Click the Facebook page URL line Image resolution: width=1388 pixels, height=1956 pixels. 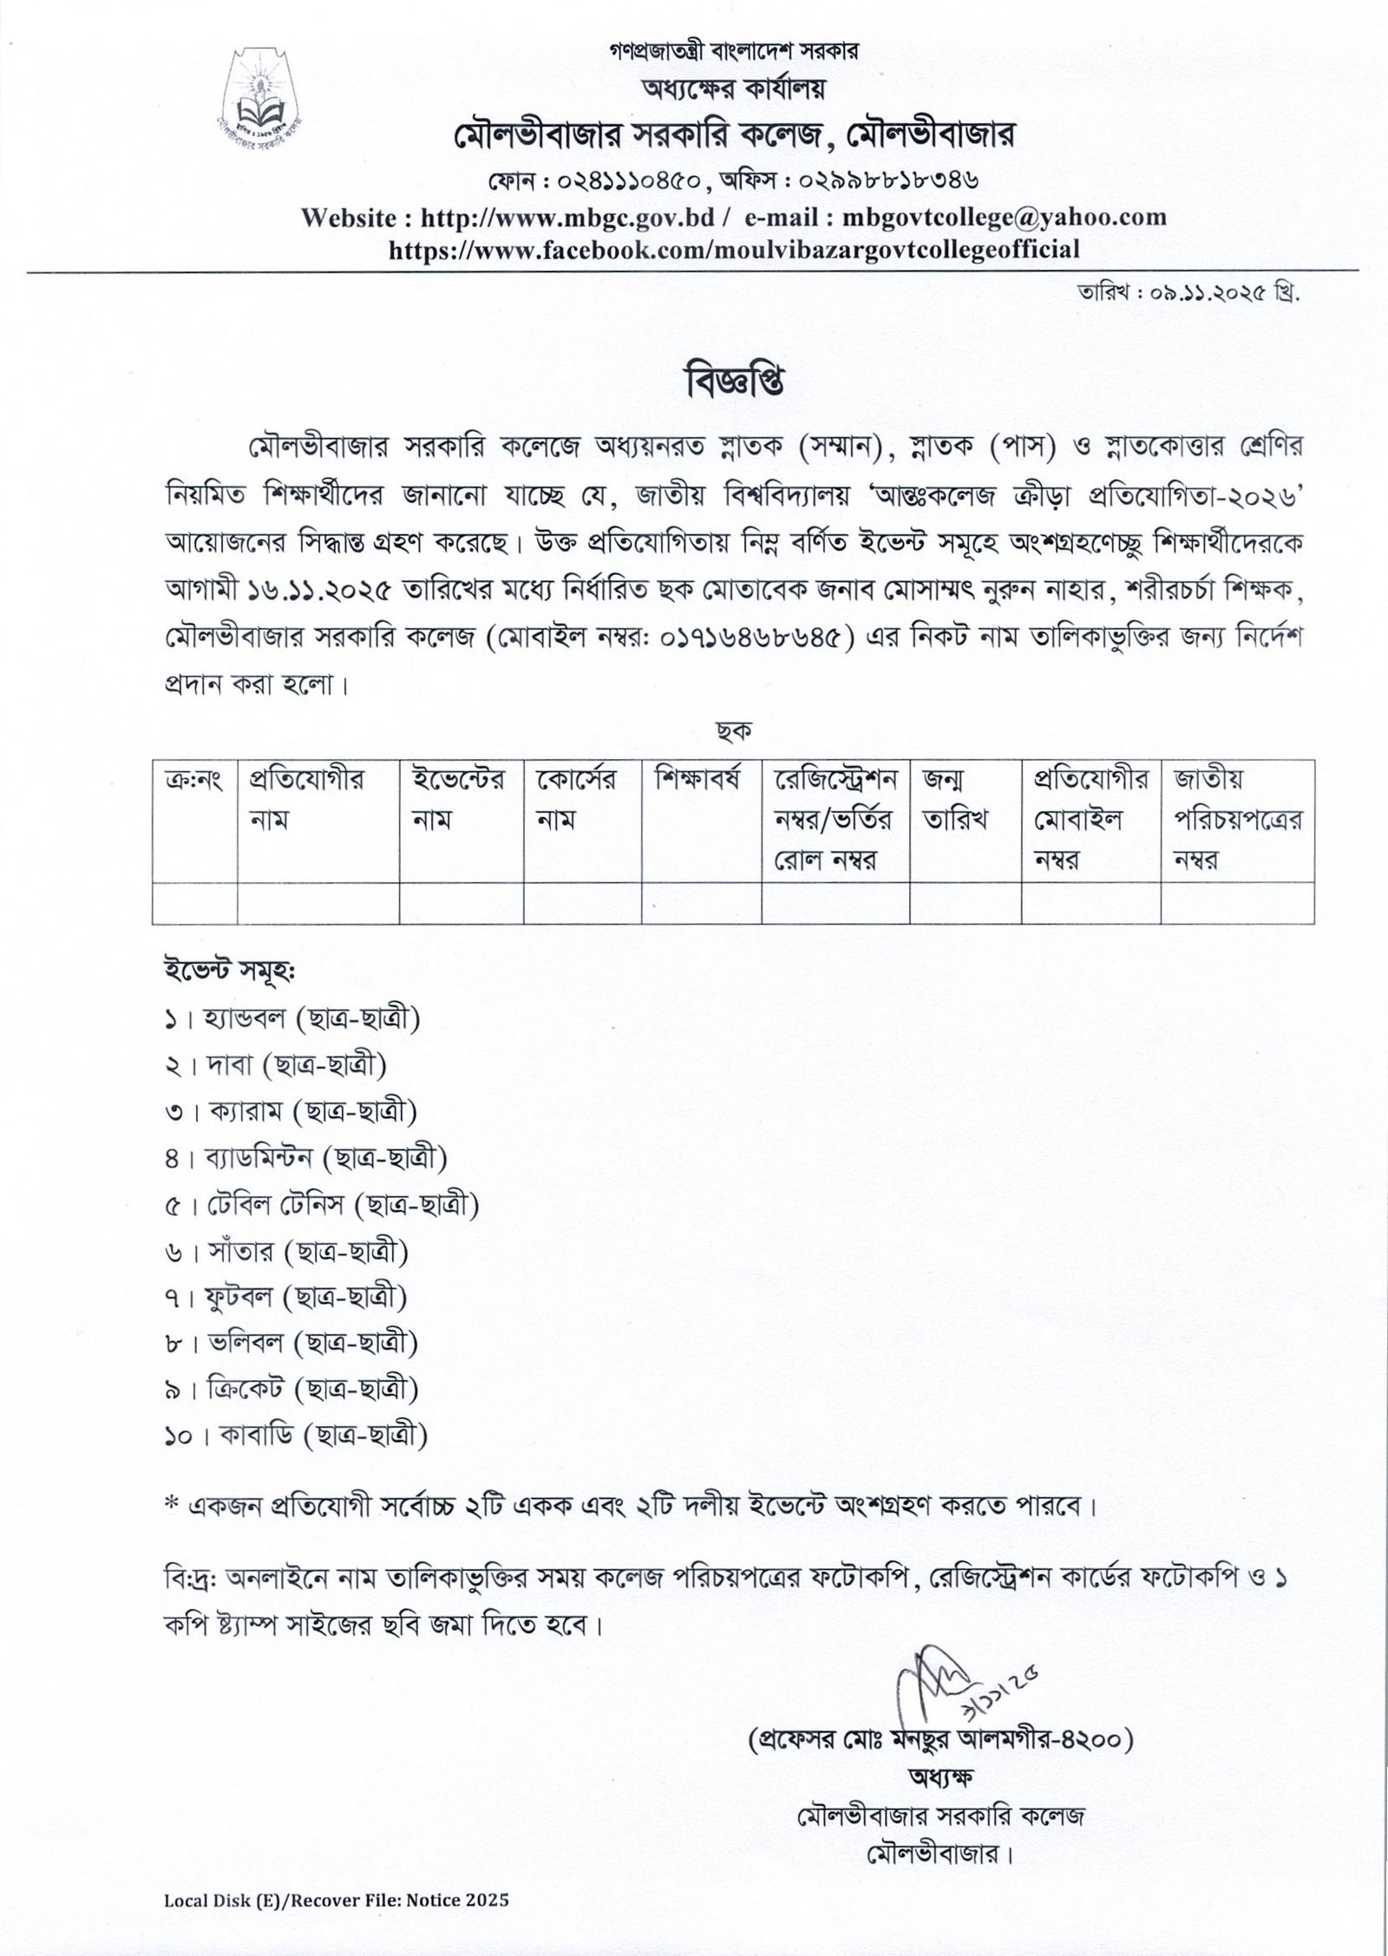(x=734, y=250)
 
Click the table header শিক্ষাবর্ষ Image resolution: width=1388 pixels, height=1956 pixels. (x=699, y=780)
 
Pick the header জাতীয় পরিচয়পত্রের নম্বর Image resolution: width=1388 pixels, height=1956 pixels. (x=1237, y=819)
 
